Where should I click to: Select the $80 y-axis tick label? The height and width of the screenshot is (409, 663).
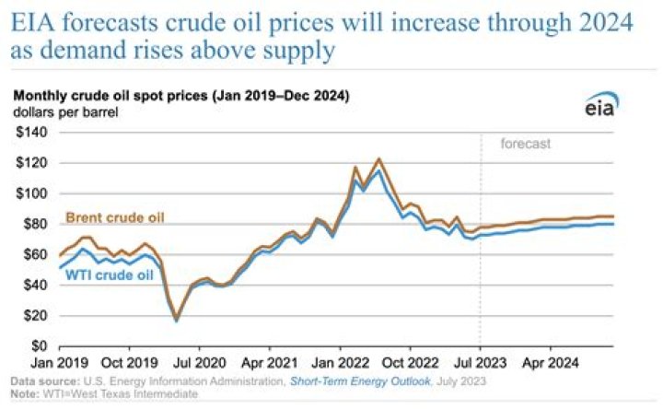pyautogui.click(x=35, y=224)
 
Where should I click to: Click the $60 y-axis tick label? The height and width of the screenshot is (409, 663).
pyautogui.click(x=35, y=254)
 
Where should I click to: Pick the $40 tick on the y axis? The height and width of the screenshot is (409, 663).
pyautogui.click(x=35, y=285)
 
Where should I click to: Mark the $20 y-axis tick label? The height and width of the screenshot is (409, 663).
pyautogui.click(x=35, y=315)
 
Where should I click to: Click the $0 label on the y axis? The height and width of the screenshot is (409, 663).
pyautogui.click(x=39, y=345)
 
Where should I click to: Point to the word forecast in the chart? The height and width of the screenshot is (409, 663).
pyautogui.click(x=526, y=144)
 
